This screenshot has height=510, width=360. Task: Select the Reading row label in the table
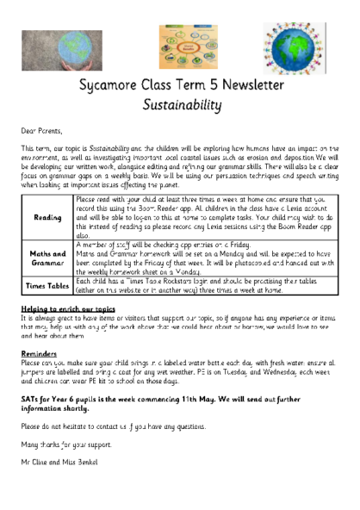47,218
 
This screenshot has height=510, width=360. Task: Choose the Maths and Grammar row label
47,258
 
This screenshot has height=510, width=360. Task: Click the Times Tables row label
47,286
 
